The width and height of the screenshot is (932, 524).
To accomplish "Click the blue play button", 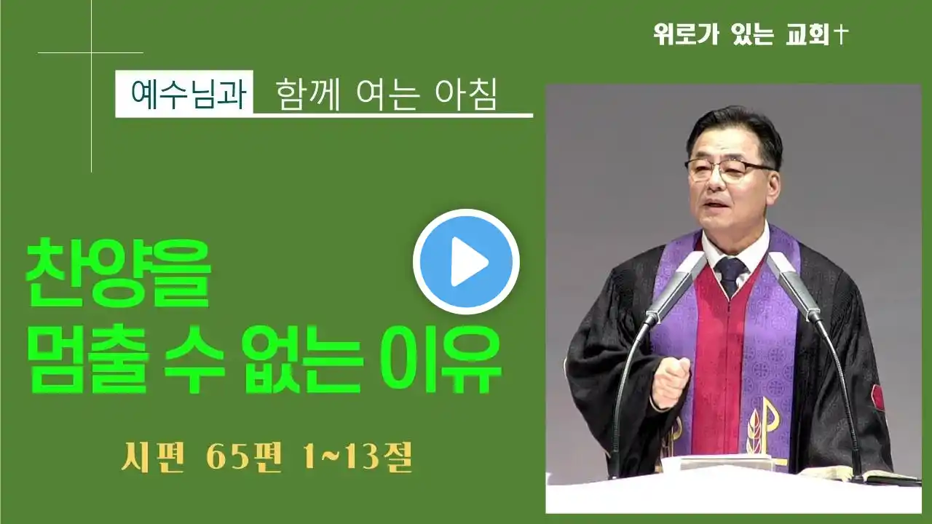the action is coord(466,261).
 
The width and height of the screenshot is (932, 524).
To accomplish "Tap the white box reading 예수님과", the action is coord(184,94).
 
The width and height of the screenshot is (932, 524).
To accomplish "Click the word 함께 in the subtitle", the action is coord(307,95).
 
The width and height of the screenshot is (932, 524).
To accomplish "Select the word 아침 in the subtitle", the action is coord(466,95).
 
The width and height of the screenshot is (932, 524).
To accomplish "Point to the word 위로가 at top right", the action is coord(687,34).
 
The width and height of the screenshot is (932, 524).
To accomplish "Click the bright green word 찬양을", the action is coord(119,273).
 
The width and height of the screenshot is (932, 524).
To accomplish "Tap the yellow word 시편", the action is coord(153,458).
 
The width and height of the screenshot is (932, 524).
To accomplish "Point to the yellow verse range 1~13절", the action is coord(358,458).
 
